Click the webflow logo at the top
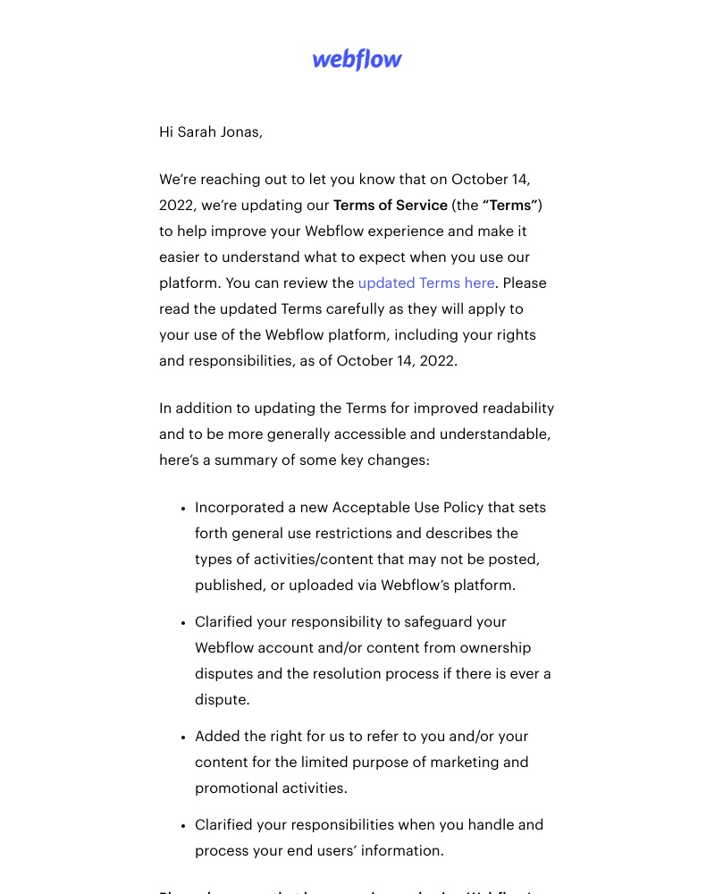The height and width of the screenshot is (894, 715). (x=357, y=60)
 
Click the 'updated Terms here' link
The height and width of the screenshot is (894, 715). (x=426, y=283)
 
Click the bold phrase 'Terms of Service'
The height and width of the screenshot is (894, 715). (x=390, y=206)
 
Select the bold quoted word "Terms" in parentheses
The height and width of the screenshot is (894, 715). (x=510, y=206)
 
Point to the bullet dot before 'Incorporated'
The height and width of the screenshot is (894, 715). (x=183, y=509)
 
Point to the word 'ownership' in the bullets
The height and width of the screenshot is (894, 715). (x=496, y=648)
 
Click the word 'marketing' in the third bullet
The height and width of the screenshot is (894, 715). (x=491, y=763)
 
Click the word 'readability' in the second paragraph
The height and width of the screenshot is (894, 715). (x=518, y=409)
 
